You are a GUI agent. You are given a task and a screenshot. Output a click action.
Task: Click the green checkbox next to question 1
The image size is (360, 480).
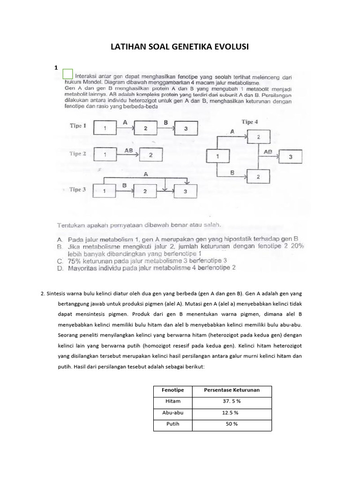(67, 74)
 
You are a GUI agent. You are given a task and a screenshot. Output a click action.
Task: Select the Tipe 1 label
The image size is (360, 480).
(78, 126)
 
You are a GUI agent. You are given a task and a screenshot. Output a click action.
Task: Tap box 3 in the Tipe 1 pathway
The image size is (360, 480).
(185, 128)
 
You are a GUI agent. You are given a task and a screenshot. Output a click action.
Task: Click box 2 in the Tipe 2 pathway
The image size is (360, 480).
(150, 155)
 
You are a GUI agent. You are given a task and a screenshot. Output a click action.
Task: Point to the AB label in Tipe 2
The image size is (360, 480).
(129, 150)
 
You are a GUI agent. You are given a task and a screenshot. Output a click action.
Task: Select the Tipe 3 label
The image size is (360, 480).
(77, 189)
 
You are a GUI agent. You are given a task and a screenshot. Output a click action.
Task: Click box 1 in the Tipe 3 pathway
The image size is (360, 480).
(105, 191)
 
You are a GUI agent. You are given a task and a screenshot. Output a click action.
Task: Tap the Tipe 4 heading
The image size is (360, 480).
(249, 122)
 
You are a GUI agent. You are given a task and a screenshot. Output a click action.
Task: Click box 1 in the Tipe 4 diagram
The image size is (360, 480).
(217, 156)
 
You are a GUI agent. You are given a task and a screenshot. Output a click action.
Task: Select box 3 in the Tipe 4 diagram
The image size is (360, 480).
(291, 157)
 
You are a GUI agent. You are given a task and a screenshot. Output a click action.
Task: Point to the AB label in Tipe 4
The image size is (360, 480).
(268, 152)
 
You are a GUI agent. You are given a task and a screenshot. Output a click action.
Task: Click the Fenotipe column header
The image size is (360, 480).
(172, 390)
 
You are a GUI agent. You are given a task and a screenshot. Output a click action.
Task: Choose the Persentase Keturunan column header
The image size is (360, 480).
(231, 390)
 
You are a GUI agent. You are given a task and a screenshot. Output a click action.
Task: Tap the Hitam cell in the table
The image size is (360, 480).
(172, 402)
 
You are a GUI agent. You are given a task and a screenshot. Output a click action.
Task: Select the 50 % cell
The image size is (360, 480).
(231, 424)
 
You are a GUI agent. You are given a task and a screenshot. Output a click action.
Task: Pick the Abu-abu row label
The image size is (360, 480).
(172, 413)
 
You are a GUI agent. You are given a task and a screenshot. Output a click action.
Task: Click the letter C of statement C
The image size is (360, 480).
(60, 260)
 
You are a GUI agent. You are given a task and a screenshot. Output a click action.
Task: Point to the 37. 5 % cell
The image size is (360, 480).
(231, 402)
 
